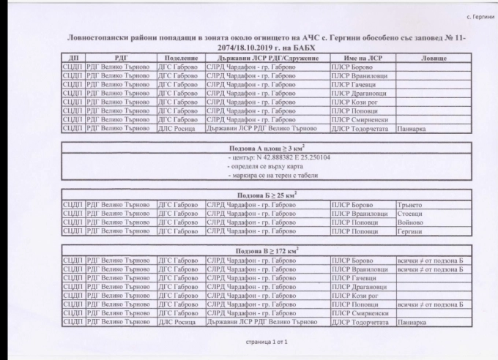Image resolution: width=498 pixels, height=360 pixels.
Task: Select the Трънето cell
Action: pyautogui.click(x=409, y=205)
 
